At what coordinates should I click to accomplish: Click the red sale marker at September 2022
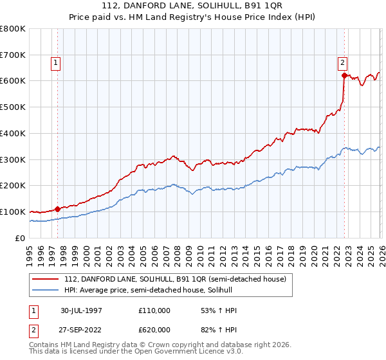tap(345, 76)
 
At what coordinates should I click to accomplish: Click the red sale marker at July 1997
tap(58, 209)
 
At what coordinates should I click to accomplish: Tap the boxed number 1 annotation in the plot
tap(56, 63)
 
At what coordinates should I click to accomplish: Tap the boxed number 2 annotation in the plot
tap(343, 63)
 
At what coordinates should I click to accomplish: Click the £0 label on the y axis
tap(21, 238)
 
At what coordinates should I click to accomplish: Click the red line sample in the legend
tap(46, 278)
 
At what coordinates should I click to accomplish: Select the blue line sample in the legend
tap(46, 290)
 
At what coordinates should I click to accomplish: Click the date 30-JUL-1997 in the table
tap(81, 310)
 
